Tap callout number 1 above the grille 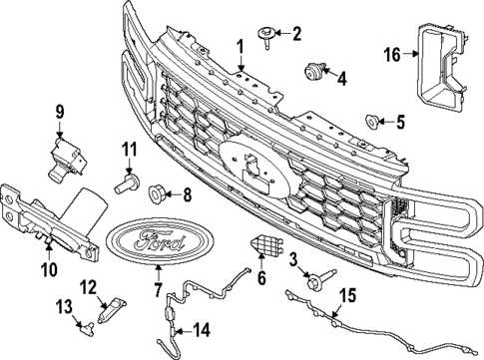(240, 46)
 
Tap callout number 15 (348, 294)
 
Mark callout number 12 (88, 287)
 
